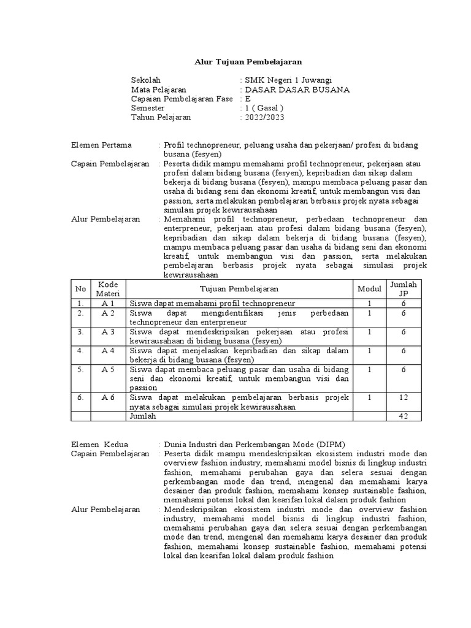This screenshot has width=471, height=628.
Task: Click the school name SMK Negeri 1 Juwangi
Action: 288,80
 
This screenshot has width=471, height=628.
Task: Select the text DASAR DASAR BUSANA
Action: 297,90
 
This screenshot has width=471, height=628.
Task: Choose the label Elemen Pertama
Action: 102,145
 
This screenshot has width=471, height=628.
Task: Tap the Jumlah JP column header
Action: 404,289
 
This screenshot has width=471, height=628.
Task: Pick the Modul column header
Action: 369,289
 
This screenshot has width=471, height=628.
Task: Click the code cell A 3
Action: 108,332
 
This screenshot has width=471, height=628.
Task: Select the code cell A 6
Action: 108,397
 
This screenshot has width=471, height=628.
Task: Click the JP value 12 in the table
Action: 404,397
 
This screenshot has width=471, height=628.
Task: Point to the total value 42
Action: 404,416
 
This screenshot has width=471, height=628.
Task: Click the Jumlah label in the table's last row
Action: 143,416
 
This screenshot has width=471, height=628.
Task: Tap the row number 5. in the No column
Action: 80,370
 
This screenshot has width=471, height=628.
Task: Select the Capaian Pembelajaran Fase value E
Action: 248,99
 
